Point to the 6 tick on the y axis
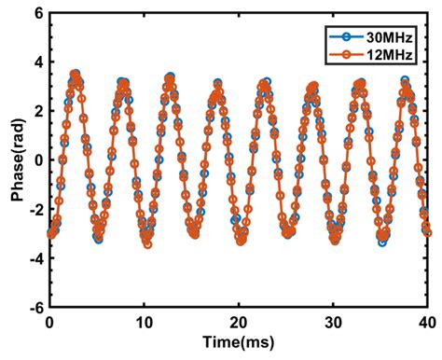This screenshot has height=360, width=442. pyautogui.click(x=38, y=14)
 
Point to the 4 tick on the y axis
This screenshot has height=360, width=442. pyautogui.click(x=38, y=62)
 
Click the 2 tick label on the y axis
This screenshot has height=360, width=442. pyautogui.click(x=38, y=111)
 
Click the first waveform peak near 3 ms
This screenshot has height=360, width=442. pyautogui.click(x=75, y=74)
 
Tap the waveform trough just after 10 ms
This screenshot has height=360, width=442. pyautogui.click(x=147, y=243)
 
